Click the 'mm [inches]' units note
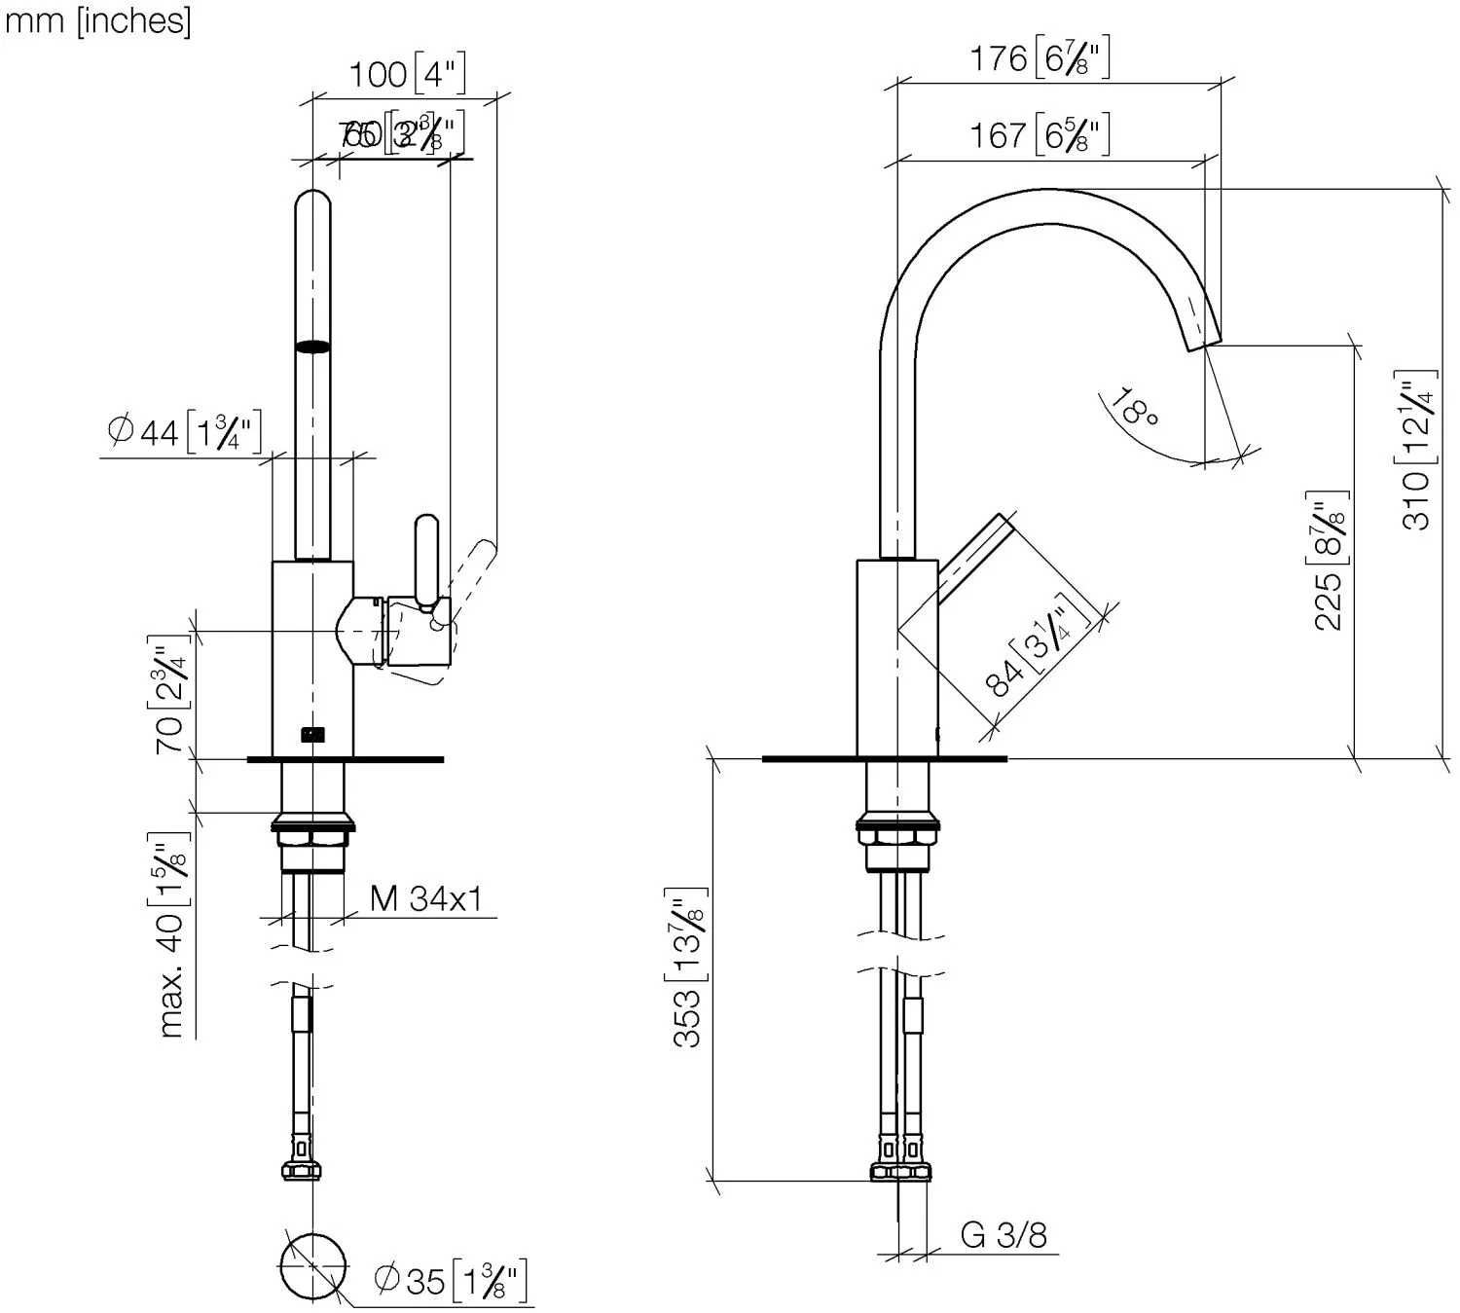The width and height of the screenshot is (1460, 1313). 97,21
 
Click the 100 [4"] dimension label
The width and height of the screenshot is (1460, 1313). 407,73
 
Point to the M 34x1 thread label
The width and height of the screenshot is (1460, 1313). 426,897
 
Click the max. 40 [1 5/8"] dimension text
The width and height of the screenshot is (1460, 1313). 171,935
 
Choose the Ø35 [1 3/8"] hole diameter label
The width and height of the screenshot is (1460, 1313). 451,1280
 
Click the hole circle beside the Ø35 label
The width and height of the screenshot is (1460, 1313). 312,1264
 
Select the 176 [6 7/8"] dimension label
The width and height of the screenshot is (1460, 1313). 1039,59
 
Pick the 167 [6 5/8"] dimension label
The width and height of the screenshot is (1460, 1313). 1039,134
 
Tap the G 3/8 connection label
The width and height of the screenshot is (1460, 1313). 1004,1234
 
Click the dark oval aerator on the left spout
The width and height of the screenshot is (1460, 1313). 312,346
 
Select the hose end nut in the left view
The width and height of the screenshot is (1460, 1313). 303,1168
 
